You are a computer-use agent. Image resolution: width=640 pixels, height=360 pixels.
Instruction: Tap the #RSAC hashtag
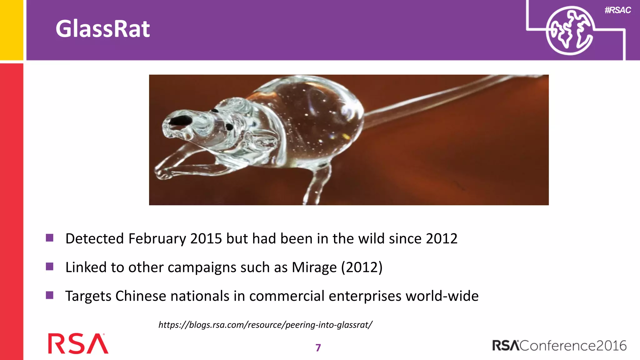point(617,10)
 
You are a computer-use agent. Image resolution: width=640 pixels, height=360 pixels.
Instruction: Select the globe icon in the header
point(569,31)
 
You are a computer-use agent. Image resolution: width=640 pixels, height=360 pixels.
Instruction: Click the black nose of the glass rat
point(181,121)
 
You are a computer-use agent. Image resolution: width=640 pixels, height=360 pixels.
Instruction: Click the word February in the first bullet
point(157,239)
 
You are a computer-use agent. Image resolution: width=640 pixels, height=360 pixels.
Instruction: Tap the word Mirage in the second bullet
point(314,267)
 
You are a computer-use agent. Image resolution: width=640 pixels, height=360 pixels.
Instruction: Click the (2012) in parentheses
point(362,267)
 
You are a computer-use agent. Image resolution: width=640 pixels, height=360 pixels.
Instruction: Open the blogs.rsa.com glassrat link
point(265,325)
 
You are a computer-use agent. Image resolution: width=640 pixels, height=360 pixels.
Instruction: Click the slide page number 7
point(318,348)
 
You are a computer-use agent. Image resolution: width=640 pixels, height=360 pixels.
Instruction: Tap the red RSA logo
point(78,343)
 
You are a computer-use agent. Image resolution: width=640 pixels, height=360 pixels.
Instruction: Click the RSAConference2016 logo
point(559,346)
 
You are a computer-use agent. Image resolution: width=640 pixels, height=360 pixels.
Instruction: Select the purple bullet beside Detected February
point(50,238)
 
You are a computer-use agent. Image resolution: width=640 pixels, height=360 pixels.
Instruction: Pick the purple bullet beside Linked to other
point(50,267)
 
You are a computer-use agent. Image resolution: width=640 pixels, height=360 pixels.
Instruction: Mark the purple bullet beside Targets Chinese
point(50,295)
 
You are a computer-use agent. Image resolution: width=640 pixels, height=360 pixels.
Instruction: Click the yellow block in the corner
point(11,30)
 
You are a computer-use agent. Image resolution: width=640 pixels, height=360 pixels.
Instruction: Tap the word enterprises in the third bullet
point(365,296)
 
